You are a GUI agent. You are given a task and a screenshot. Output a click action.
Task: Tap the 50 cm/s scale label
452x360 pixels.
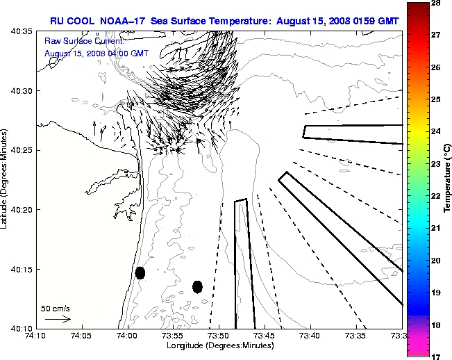(x=56, y=308)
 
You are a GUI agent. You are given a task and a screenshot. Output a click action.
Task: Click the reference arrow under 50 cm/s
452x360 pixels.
(x=58, y=319)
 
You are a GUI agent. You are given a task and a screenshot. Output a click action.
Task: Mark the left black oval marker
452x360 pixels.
(x=140, y=272)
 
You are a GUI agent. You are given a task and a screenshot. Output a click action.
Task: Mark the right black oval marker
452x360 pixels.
(x=197, y=286)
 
